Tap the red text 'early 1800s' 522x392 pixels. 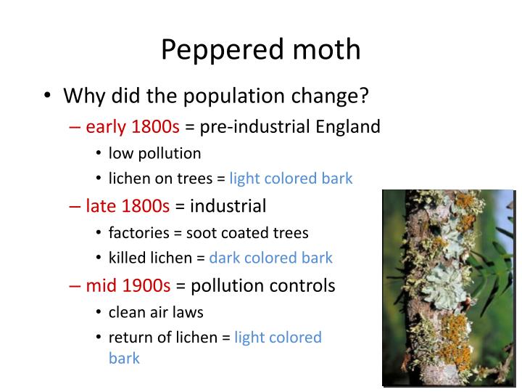[x=133, y=127]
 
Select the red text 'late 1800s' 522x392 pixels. [x=128, y=206]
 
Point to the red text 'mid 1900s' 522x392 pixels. [x=128, y=285]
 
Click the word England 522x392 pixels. [x=348, y=127]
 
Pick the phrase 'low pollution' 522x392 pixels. [x=154, y=153]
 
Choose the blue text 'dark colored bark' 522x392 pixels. [x=270, y=258]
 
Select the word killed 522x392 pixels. [x=128, y=258]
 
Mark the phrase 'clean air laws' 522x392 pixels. [x=156, y=312]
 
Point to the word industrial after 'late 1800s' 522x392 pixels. [x=228, y=206]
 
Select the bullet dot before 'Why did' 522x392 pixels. [x=47, y=97]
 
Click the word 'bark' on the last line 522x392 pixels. [x=124, y=358]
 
